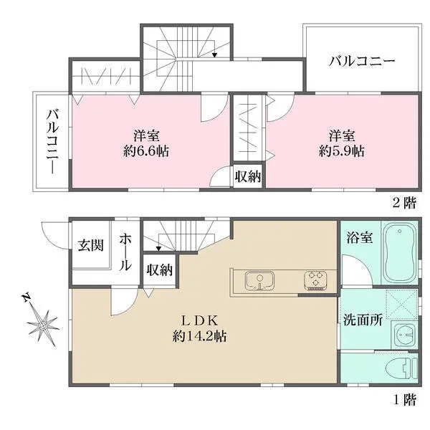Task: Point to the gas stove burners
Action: (315, 280)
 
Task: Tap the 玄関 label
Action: (90, 245)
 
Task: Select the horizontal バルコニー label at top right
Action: (362, 62)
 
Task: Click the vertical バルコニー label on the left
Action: (52, 143)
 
